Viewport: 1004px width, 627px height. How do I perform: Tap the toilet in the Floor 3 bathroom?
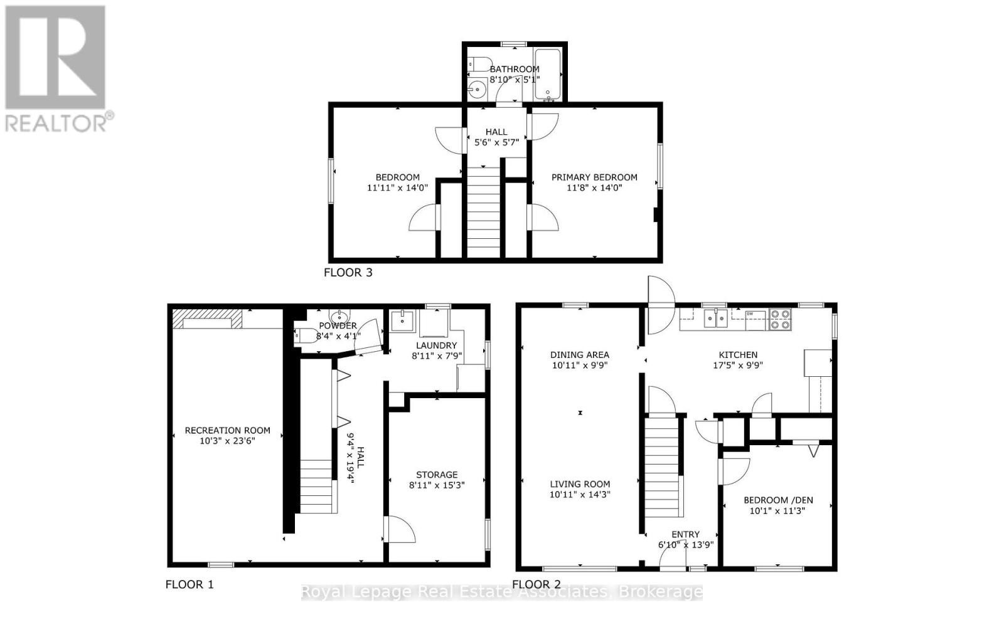pyautogui.click(x=479, y=64)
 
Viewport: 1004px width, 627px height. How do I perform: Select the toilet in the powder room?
pyautogui.click(x=306, y=335)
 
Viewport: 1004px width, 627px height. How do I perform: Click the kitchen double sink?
pyautogui.click(x=715, y=319)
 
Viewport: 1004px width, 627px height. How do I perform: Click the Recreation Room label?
pyautogui.click(x=227, y=430)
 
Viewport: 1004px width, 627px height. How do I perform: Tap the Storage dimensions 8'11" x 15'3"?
pyautogui.click(x=437, y=485)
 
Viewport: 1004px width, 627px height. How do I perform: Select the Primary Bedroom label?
pyautogui.click(x=594, y=177)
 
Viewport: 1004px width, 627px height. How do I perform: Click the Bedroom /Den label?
pyautogui.click(x=778, y=500)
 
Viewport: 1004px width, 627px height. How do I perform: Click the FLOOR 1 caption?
pyautogui.click(x=190, y=584)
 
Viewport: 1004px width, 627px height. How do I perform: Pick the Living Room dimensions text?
pyautogui.click(x=580, y=494)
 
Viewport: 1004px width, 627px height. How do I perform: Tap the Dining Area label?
pyautogui.click(x=580, y=355)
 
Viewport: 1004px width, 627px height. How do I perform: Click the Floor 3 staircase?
pyautogui.click(x=484, y=213)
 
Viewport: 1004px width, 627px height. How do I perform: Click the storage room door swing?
pyautogui.click(x=400, y=530)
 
